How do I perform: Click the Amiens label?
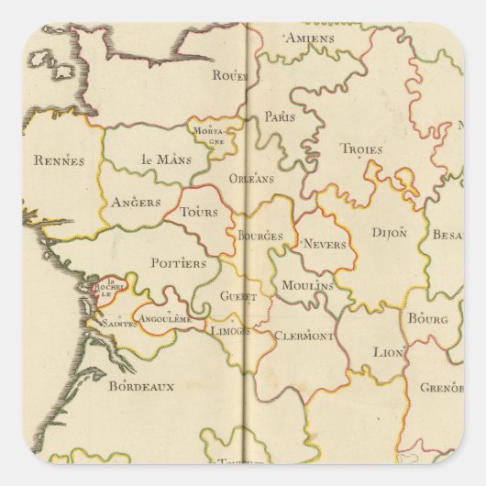(309, 39)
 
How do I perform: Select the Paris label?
(281, 116)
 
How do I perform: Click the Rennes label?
(59, 160)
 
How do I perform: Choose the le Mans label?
(160, 159)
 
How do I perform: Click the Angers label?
(136, 203)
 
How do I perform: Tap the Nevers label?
(322, 245)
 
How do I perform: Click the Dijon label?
(390, 233)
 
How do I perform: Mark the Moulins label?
(307, 286)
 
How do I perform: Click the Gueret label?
(238, 297)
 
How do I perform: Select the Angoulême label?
(164, 318)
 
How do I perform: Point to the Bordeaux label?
(141, 386)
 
